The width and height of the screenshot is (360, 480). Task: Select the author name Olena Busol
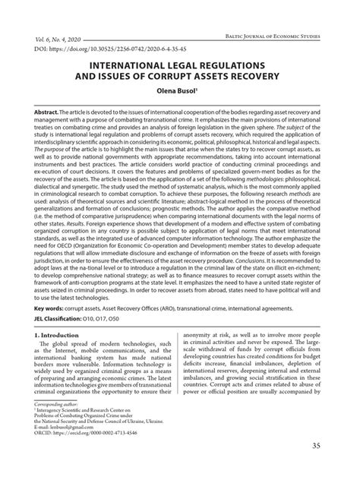click(x=178, y=90)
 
